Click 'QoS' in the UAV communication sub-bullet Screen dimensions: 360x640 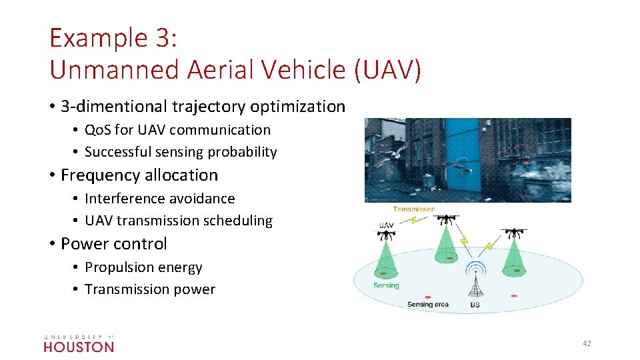[x=97, y=130]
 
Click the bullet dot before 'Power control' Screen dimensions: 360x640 [x=52, y=244]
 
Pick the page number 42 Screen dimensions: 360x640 [x=587, y=343]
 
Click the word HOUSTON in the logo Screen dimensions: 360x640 [x=79, y=347]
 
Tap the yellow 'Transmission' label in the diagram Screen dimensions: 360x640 [x=414, y=209]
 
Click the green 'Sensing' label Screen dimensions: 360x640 [x=386, y=285]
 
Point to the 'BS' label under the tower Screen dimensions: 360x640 [x=475, y=305]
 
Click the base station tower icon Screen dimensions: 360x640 [x=475, y=283]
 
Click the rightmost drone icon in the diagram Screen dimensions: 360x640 [x=514, y=234]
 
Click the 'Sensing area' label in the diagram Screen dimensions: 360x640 [x=428, y=305]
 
